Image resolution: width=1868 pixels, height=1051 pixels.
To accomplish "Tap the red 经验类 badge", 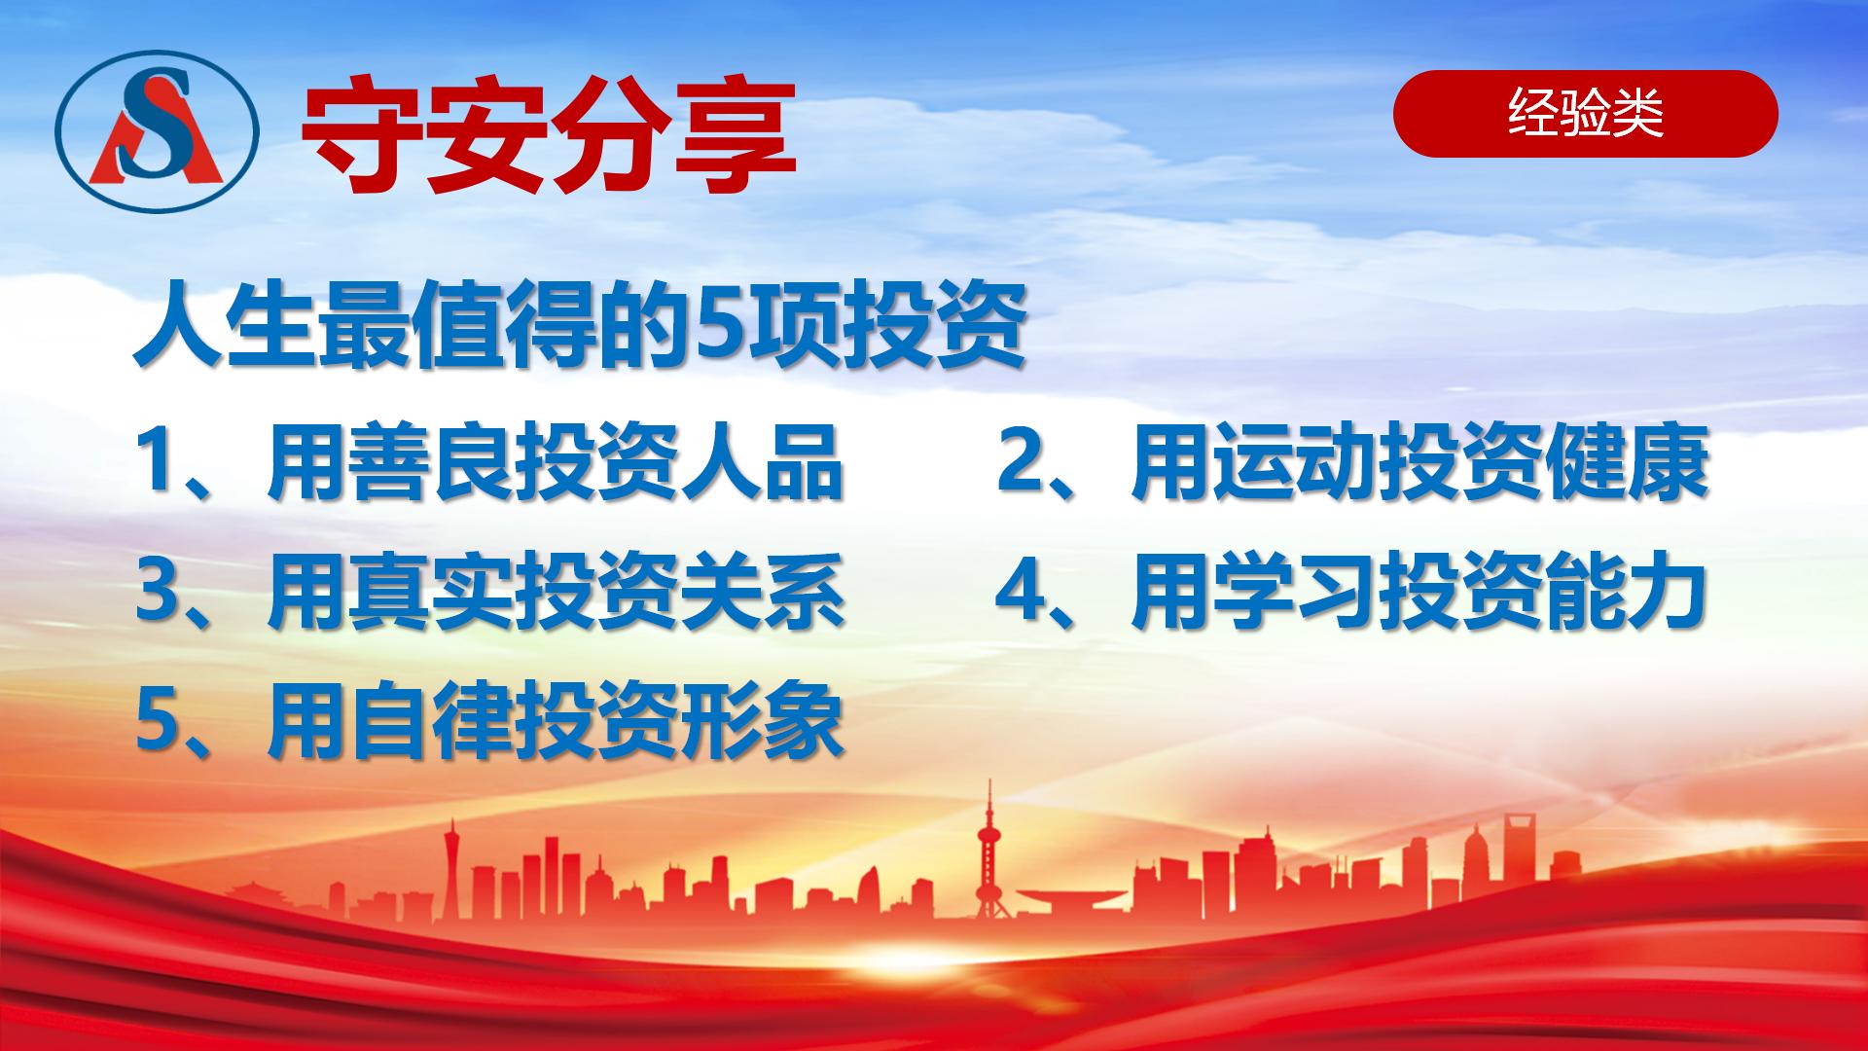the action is point(1585,114).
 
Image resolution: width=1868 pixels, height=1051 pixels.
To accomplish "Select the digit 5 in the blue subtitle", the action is point(718,327).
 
